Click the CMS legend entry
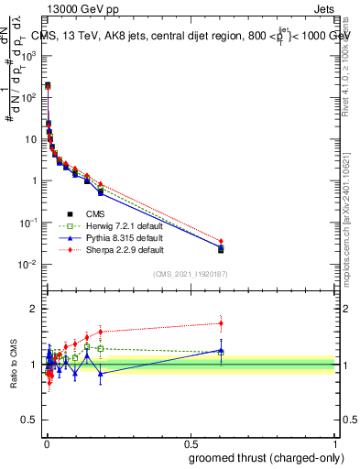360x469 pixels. coord(82,213)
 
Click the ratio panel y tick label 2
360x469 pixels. coord(34,309)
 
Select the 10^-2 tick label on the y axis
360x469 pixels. coord(28,265)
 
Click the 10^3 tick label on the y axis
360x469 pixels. coord(28,55)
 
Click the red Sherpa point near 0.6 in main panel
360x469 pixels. coord(221,241)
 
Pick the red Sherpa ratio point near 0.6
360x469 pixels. coord(221,322)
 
